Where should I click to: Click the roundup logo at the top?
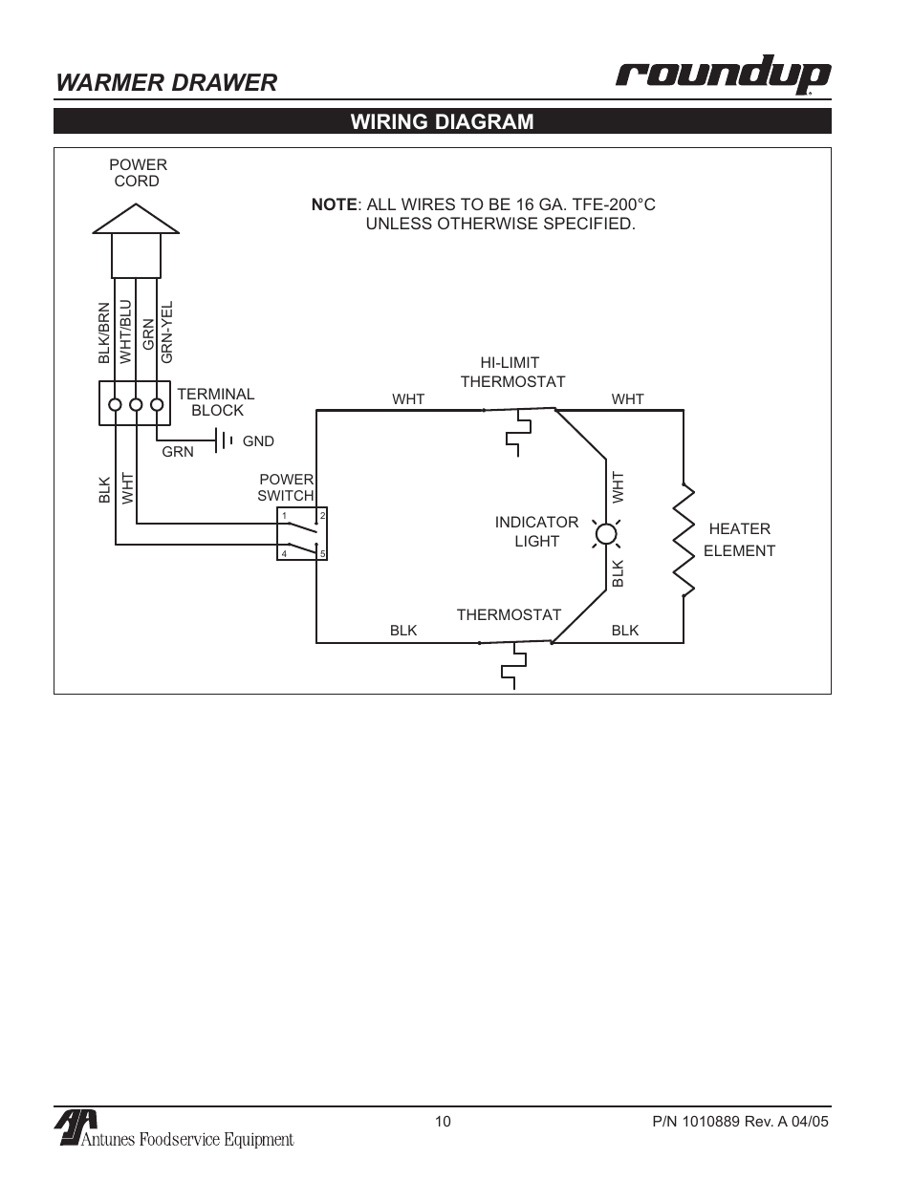pyautogui.click(x=722, y=77)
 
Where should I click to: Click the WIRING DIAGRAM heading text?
pyautogui.click(x=442, y=121)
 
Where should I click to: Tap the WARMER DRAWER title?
pyautogui.click(x=166, y=83)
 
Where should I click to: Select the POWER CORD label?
pyautogui.click(x=138, y=173)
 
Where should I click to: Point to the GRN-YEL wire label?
pyautogui.click(x=167, y=332)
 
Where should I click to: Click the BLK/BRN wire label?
pyautogui.click(x=104, y=333)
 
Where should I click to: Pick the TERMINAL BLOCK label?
pyautogui.click(x=216, y=402)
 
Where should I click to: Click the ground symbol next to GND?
pyautogui.click(x=226, y=440)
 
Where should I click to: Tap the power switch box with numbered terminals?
pyautogui.click(x=302, y=533)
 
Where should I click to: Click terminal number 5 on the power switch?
pyautogui.click(x=323, y=554)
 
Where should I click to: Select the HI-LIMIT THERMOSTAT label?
pyautogui.click(x=511, y=373)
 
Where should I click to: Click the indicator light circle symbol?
pyautogui.click(x=605, y=533)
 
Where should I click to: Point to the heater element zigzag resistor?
pyautogui.click(x=684, y=540)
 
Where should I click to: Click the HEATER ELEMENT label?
pyautogui.click(x=739, y=540)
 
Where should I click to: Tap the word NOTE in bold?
pyautogui.click(x=334, y=204)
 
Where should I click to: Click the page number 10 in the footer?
pyautogui.click(x=443, y=1122)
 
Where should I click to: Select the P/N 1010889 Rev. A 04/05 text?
pyautogui.click(x=733, y=1122)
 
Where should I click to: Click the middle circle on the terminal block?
pyautogui.click(x=136, y=403)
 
